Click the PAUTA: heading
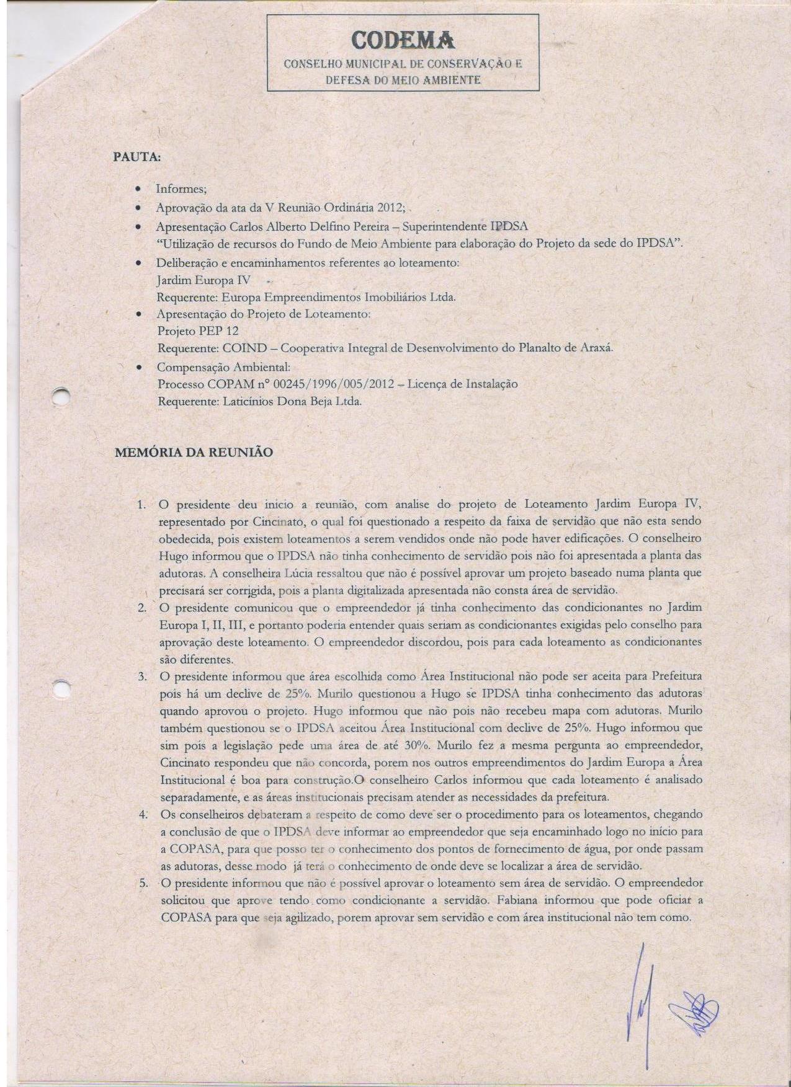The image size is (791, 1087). (x=136, y=157)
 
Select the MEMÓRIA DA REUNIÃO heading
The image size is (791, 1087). (x=194, y=452)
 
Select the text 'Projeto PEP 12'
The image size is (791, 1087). (x=198, y=331)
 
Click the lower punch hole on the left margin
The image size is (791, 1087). (x=62, y=688)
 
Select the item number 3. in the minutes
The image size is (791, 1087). (x=142, y=675)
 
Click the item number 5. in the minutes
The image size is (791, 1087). (x=142, y=883)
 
